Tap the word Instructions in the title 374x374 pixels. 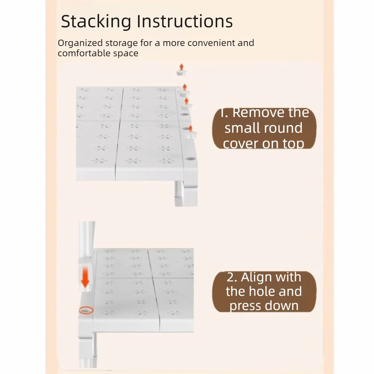(x=185, y=22)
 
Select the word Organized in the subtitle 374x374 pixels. (x=78, y=43)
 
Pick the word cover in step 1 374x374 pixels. (x=240, y=144)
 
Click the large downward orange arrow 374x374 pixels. (x=86, y=277)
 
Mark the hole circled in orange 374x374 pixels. (x=86, y=310)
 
